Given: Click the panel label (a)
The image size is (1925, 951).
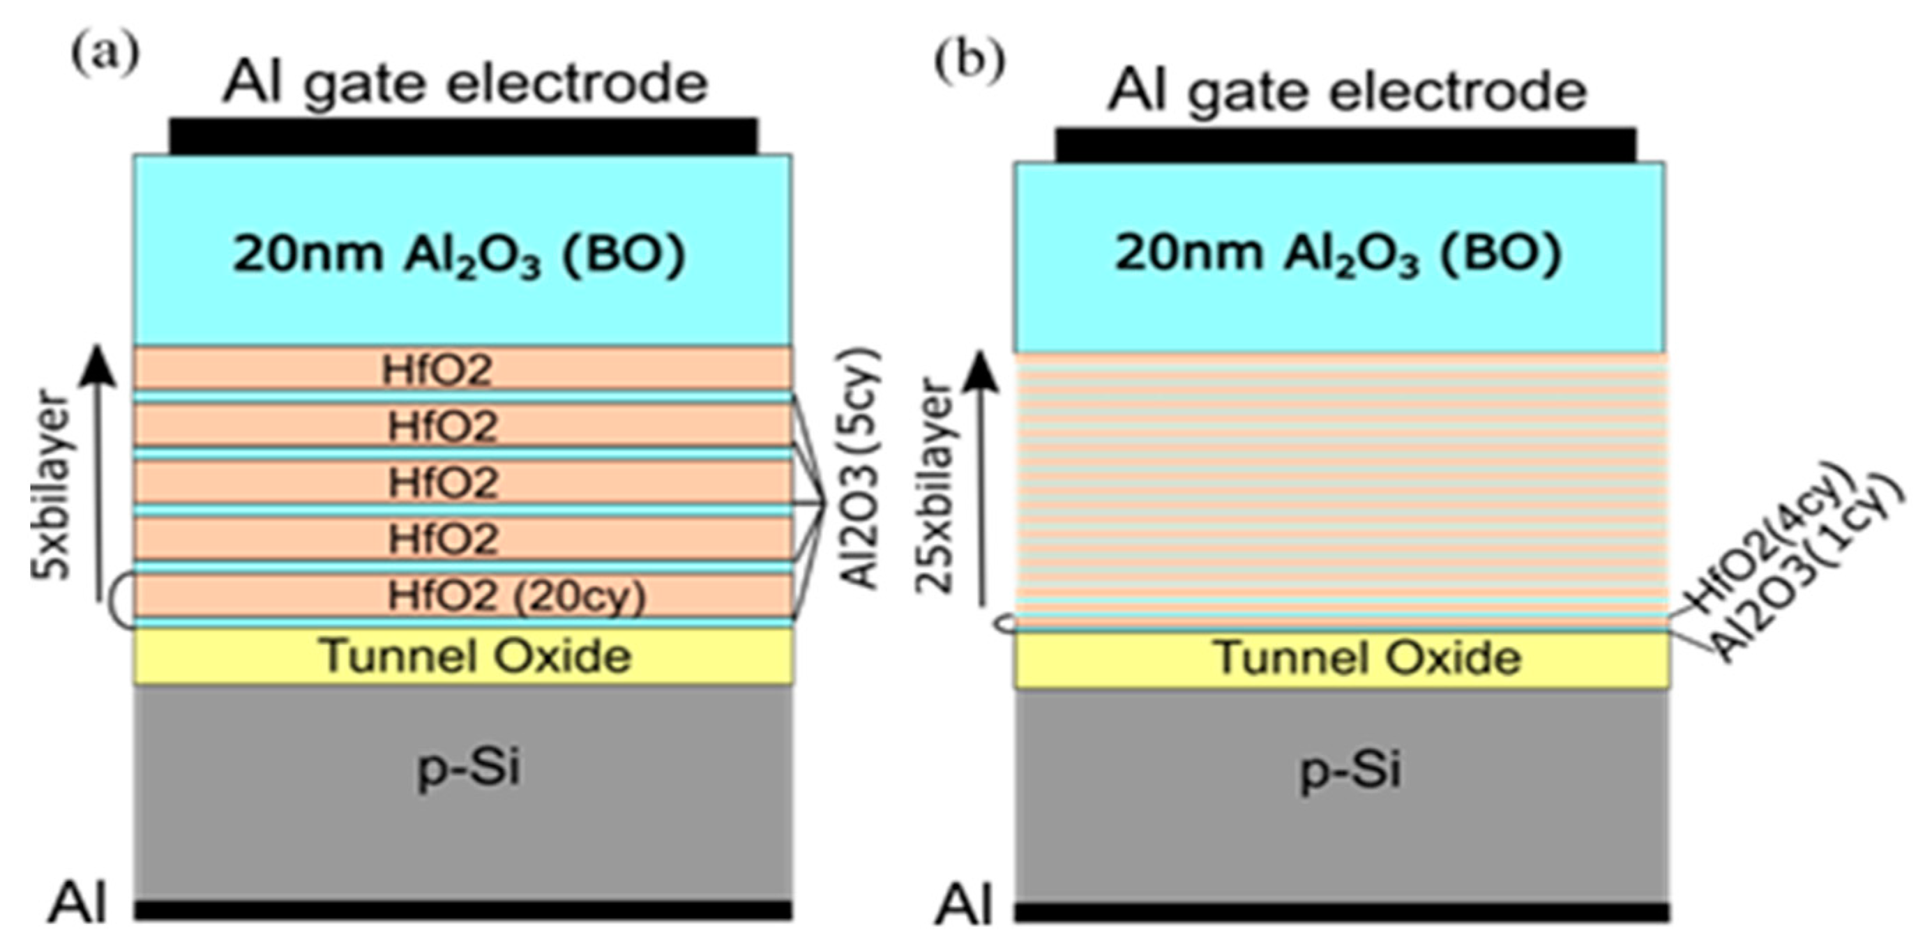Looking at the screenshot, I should click(x=105, y=54).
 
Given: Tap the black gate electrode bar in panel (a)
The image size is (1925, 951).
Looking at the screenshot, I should click(x=463, y=136).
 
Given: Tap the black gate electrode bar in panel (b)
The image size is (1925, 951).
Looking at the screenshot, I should click(x=1345, y=145).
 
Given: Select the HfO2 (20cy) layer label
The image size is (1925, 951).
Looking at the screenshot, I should click(x=515, y=596).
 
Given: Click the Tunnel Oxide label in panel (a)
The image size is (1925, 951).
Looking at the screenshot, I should click(x=475, y=656).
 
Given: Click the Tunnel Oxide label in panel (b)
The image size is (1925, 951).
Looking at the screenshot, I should click(x=1368, y=659).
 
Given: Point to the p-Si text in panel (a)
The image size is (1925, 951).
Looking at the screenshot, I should click(x=468, y=766).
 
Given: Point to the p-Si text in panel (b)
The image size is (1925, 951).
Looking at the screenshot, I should click(x=1350, y=770).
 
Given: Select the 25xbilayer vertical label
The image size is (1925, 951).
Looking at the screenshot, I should click(x=935, y=485).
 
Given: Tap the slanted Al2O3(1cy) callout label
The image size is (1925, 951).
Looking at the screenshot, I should click(x=1809, y=575).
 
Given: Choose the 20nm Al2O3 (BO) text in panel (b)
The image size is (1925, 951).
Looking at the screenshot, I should click(x=1338, y=254).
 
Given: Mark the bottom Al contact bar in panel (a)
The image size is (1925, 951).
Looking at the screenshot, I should click(x=463, y=909).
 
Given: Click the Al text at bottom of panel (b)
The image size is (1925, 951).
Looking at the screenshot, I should click(x=964, y=906).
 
